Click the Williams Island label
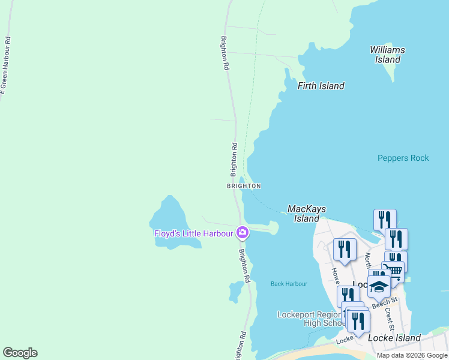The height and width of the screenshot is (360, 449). point(387,55)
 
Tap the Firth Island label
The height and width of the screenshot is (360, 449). point(321,86)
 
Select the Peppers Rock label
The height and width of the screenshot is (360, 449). point(403,158)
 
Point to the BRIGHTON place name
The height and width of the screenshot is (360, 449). point(244,186)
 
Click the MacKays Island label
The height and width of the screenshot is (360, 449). point(306,214)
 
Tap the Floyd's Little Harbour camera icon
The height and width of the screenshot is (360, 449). point(243,232)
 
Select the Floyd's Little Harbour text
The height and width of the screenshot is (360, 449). point(193,233)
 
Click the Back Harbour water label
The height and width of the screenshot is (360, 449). point(289,284)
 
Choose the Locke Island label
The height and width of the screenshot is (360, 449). point(394,338)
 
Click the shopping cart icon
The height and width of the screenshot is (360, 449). point(393,270)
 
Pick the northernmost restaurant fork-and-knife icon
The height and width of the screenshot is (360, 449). point(385,219)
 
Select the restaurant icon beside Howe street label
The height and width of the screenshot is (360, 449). point(345,248)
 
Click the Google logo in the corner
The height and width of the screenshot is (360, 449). point(20,353)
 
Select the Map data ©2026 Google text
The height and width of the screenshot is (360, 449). point(412,355)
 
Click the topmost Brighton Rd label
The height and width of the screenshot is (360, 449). point(225,53)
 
